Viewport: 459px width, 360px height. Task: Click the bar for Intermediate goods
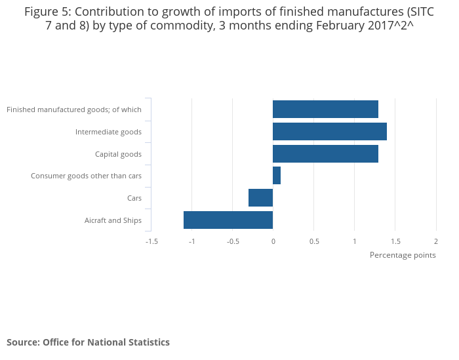click(329, 132)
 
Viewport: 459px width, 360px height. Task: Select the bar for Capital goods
click(325, 154)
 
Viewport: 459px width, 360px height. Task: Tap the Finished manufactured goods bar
click(325, 110)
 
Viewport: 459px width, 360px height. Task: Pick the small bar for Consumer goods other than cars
click(277, 176)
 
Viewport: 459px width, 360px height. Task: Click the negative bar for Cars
click(260, 197)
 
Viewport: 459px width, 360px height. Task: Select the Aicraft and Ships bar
click(228, 220)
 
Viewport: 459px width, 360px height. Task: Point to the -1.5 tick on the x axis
click(151, 241)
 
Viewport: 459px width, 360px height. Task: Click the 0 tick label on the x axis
click(273, 241)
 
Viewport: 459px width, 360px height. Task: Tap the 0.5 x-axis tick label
click(314, 241)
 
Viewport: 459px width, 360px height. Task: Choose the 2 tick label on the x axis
click(436, 241)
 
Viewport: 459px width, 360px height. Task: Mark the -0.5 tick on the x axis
click(232, 241)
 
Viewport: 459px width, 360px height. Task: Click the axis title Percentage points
click(403, 255)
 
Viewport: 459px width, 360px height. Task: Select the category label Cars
click(134, 198)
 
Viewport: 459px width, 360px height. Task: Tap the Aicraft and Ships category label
click(113, 220)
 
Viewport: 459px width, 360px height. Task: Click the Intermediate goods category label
click(108, 132)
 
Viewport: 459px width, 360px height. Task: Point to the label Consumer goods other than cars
click(86, 176)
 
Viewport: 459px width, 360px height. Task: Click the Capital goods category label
click(118, 154)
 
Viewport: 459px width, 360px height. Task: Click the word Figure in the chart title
click(41, 12)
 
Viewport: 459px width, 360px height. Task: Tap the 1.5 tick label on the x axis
click(395, 241)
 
